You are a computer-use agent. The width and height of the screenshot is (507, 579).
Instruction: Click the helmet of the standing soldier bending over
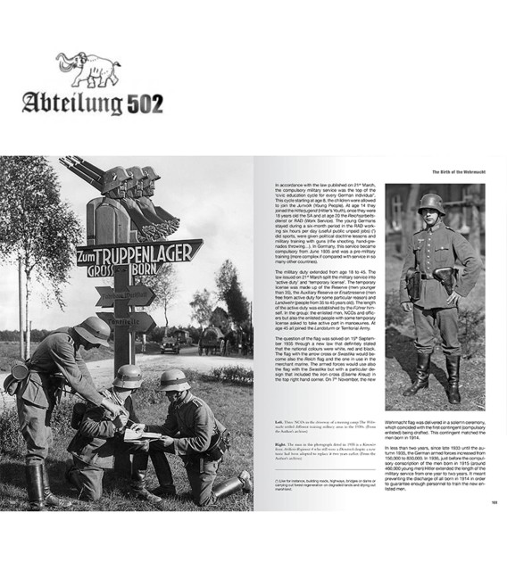coord(94,328)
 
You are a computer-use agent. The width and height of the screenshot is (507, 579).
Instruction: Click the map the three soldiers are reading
coord(143,436)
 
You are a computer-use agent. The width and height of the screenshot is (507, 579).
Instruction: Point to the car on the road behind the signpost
coord(170,344)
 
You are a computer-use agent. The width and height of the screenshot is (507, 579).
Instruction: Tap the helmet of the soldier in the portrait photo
coord(432,204)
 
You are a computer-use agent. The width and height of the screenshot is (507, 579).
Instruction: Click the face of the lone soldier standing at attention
coord(432,218)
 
